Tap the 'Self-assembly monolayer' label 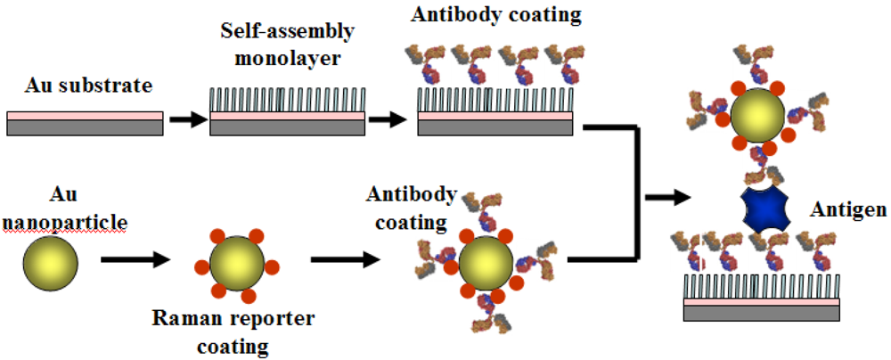[x=287, y=42]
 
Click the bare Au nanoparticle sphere [x=52, y=261]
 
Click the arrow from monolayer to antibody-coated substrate [x=389, y=119]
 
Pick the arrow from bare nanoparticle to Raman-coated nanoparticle [x=135, y=261]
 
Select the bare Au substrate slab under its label [x=85, y=123]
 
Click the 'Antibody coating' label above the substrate [x=483, y=15]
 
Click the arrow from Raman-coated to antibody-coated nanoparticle [x=345, y=261]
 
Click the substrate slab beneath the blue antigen [x=762, y=308]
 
